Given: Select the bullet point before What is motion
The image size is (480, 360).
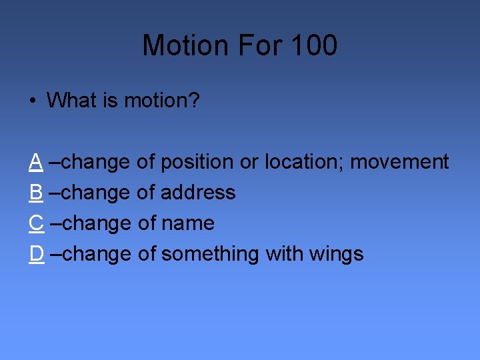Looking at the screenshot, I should [32, 101].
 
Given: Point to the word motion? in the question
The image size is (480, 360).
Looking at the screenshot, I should [162, 101].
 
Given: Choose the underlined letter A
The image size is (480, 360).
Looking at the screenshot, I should [37, 161].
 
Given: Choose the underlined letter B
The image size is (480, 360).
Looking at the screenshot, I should [37, 192].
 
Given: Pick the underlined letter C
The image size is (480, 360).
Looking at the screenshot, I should [37, 223].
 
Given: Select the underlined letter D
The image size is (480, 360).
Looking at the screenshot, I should [37, 253].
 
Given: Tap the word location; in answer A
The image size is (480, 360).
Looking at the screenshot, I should [304, 161].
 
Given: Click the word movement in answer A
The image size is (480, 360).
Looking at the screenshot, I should [399, 161].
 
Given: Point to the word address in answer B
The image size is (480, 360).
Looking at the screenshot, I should [199, 192].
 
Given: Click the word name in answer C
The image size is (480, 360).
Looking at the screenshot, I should [188, 223].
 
